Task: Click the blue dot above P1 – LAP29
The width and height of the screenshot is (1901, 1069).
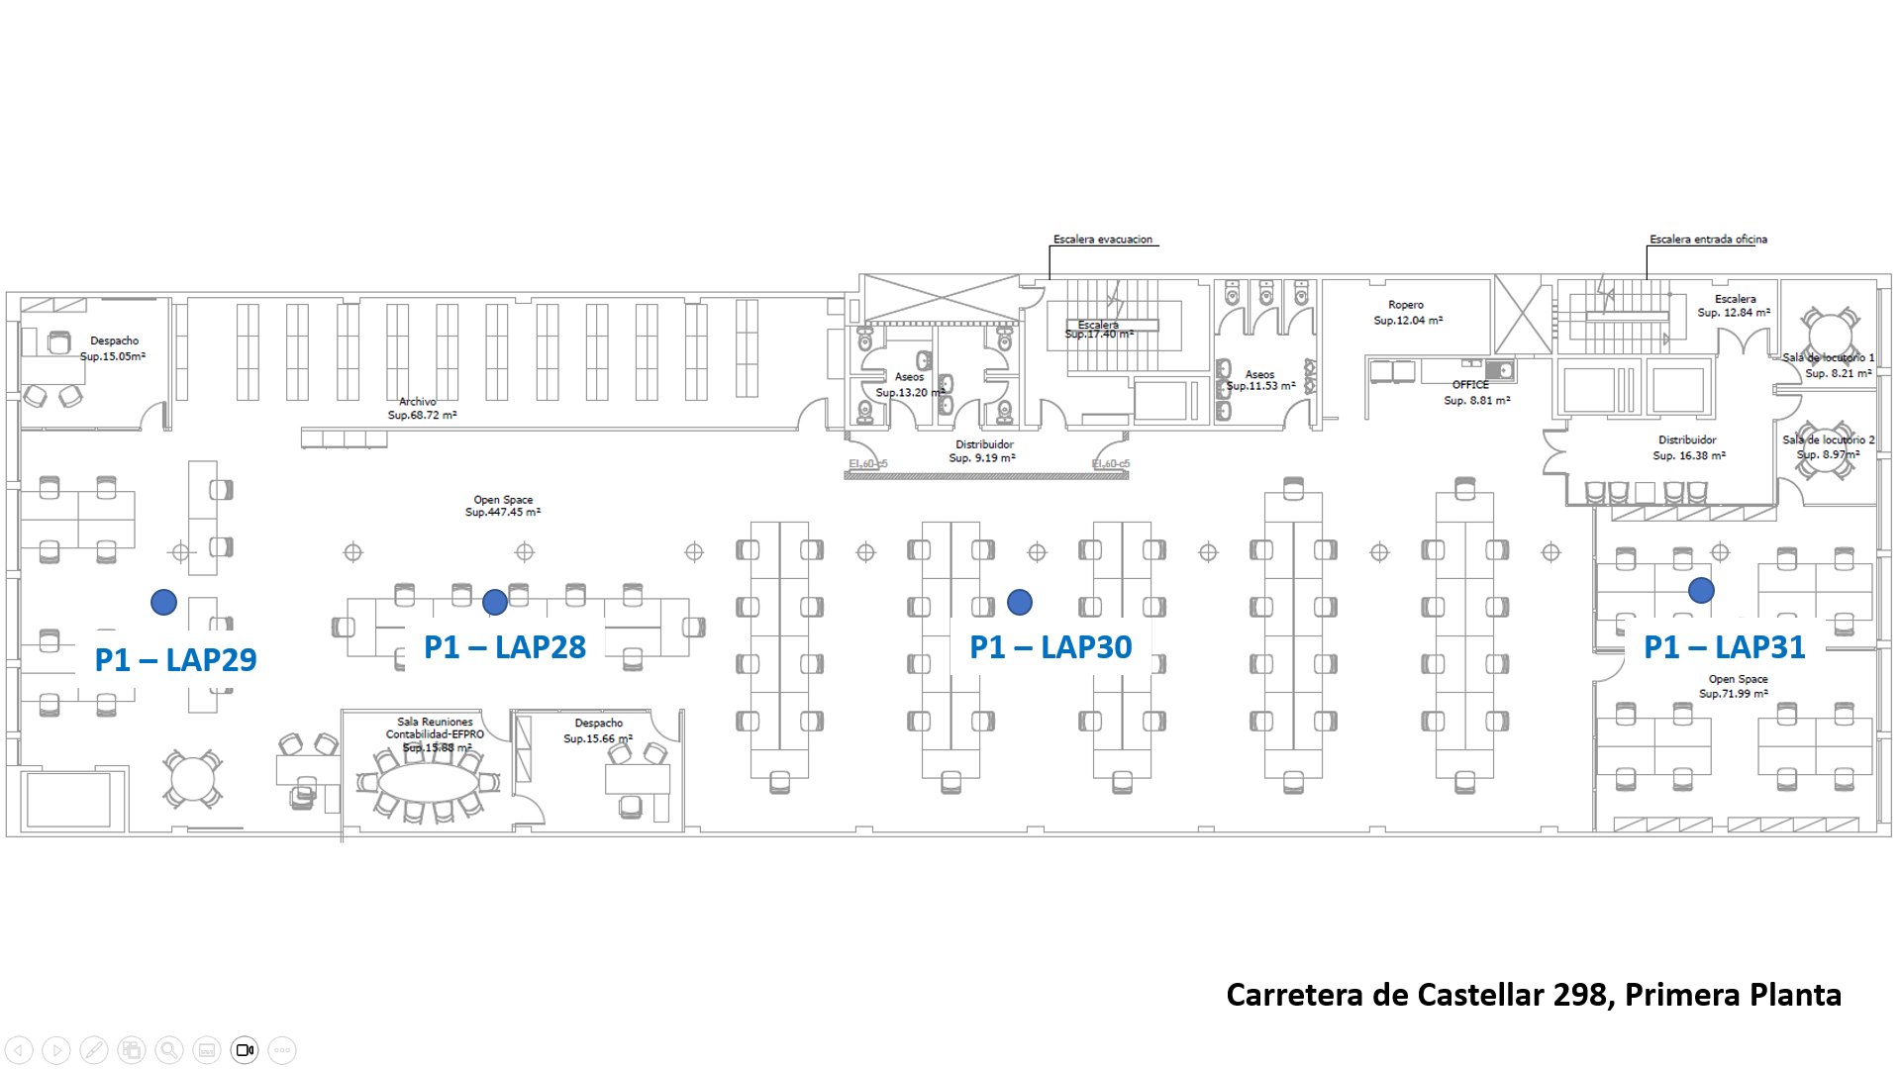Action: (x=164, y=602)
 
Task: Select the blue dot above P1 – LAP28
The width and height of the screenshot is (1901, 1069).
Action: (x=495, y=602)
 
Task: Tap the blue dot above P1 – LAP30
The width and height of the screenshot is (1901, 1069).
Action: (x=1020, y=602)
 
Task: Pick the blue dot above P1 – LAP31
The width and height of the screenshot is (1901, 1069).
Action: (x=1701, y=591)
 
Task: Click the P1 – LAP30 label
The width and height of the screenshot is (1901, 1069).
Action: (x=1051, y=647)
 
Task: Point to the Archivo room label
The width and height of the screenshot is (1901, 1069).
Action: (x=418, y=402)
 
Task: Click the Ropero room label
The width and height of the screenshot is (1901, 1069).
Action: (x=1406, y=305)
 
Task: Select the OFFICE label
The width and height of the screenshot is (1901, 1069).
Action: (x=1470, y=385)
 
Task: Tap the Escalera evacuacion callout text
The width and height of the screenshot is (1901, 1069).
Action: (x=1103, y=240)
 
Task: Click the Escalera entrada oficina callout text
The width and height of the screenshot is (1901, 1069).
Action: (x=1708, y=240)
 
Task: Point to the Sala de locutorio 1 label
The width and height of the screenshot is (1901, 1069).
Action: (x=1829, y=358)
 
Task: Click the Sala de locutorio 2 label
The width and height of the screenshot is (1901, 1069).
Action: (x=1829, y=440)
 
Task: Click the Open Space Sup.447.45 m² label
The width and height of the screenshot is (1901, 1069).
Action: (x=503, y=506)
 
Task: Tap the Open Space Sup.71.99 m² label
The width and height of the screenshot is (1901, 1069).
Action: (x=1738, y=686)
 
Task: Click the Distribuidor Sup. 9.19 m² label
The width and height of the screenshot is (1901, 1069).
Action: (x=983, y=451)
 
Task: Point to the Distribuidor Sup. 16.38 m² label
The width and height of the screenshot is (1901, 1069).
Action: (x=1688, y=447)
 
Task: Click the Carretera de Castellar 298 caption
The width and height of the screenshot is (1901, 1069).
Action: (x=1534, y=995)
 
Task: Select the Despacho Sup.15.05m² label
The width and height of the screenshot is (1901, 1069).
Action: (x=114, y=348)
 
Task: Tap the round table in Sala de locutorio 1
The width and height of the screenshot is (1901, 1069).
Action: (x=1830, y=332)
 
